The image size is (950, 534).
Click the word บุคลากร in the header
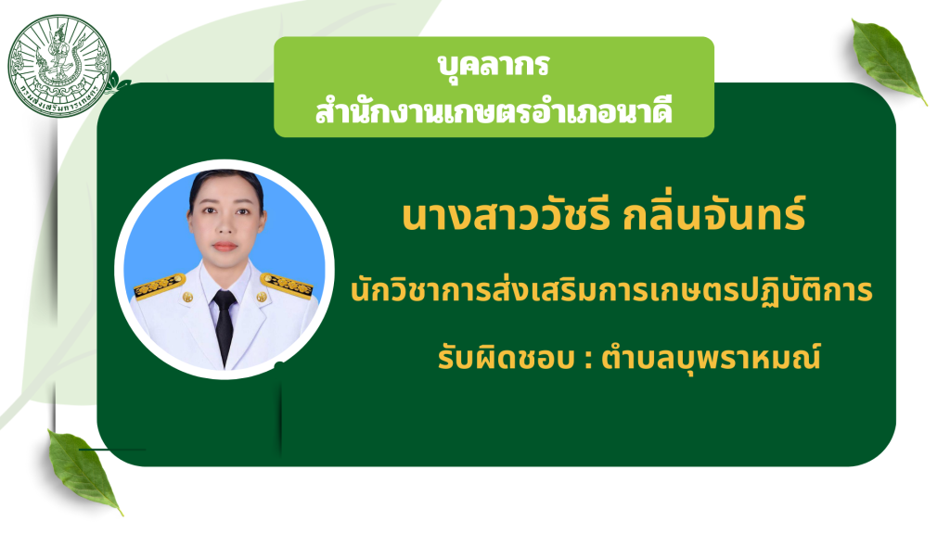point(494,64)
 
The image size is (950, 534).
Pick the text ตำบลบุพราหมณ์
point(711,358)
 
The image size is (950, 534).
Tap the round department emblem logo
point(59,66)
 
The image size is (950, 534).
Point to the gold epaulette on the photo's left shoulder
point(160,286)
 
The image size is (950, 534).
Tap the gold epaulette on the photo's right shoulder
point(287,285)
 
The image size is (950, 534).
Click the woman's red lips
point(225,247)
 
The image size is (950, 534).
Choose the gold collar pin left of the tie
point(187,298)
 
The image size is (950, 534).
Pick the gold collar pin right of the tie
point(261,297)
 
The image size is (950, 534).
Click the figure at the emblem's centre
point(58,55)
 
